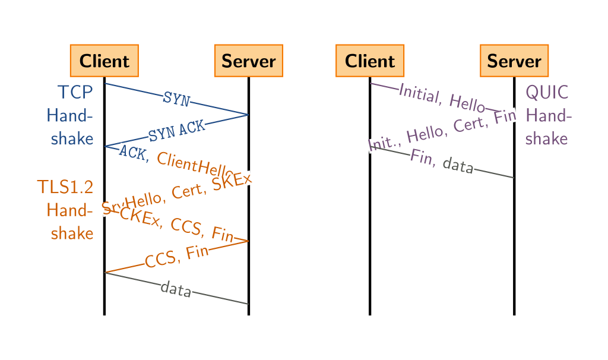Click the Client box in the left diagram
tap(104, 61)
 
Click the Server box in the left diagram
tap(248, 61)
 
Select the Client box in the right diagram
tap(370, 61)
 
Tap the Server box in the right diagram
tap(514, 61)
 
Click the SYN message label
tap(176, 99)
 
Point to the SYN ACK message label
tap(176, 131)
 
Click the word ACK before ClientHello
tap(132, 152)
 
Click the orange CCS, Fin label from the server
tap(176, 256)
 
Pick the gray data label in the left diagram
tap(176, 290)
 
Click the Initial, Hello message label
tap(442, 97)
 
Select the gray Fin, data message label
tap(442, 162)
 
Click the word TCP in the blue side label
tap(75, 93)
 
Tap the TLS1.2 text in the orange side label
tap(65, 187)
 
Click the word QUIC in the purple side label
tap(547, 93)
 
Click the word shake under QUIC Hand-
tap(547, 138)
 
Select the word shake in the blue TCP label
tap(72, 138)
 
